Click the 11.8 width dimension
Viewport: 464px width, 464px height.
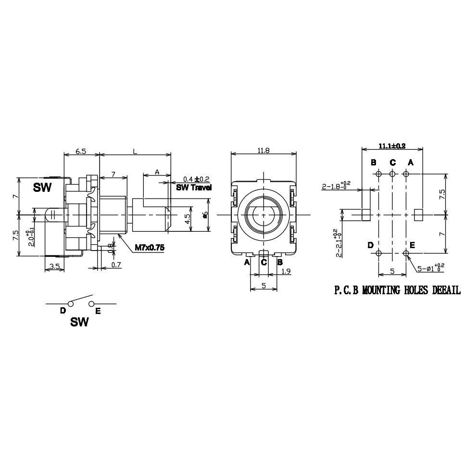(263, 150)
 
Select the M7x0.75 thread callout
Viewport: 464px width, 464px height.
(150, 248)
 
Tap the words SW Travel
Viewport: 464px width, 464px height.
(194, 188)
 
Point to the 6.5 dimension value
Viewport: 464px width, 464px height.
(81, 151)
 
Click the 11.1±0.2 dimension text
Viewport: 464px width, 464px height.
(392, 145)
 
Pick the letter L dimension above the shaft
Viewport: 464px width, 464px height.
(135, 151)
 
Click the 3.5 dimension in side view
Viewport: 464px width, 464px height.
(54, 266)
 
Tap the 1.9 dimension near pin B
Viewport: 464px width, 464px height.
(286, 271)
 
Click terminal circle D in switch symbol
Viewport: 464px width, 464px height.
(70, 303)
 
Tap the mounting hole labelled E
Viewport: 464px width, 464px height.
(406, 253)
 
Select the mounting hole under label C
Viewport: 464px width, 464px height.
(392, 174)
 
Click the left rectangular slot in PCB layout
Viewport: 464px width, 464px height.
(366, 214)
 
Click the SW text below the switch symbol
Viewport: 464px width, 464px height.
(79, 322)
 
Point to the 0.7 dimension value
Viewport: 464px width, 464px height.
(116, 265)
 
